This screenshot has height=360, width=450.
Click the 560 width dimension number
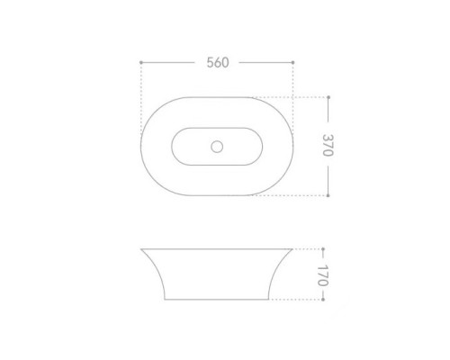(x=218, y=62)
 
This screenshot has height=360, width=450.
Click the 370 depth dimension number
(x=328, y=145)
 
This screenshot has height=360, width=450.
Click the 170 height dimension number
(x=323, y=275)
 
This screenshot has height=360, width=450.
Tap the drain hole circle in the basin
(x=217, y=147)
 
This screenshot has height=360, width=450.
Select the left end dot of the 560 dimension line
(x=141, y=62)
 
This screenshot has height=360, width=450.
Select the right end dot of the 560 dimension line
(x=293, y=62)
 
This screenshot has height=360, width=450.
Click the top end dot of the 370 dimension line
(x=328, y=97)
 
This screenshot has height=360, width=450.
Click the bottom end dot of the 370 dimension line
(x=328, y=195)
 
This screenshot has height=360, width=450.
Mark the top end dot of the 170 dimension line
(x=323, y=249)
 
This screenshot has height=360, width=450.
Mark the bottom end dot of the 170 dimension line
(x=323, y=300)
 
